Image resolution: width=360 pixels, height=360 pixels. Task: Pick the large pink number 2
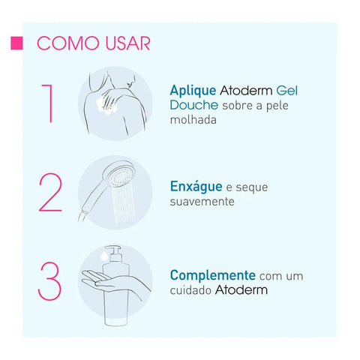click(49, 193)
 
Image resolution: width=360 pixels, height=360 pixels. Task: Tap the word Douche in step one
click(192, 105)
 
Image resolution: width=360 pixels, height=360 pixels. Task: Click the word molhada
click(193, 119)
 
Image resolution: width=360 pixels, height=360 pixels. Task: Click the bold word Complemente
click(213, 275)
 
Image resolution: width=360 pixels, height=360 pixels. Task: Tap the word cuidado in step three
click(191, 290)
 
